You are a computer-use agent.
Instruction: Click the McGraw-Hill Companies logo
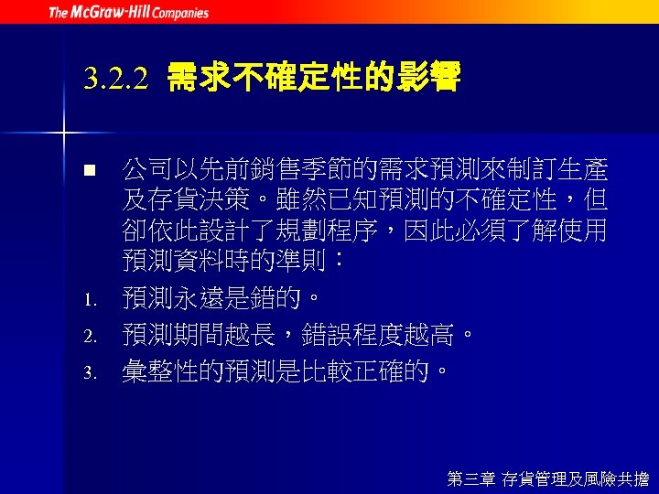click(128, 12)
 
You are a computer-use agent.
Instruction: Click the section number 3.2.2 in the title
click(115, 81)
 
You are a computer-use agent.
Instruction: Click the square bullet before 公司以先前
click(89, 171)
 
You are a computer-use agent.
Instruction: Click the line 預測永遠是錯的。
click(222, 298)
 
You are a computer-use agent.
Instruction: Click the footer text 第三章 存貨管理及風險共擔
click(547, 478)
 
